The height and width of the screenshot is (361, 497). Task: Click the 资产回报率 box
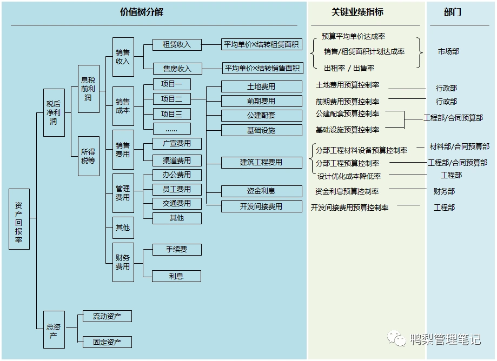pyautogui.click(x=19, y=219)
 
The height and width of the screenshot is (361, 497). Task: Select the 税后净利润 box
pyautogui.click(x=54, y=112)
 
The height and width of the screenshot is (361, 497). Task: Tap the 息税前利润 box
pyautogui.click(x=88, y=89)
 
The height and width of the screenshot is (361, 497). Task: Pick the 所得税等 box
pyautogui.click(x=88, y=156)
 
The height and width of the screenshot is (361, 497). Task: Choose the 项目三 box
pyautogui.click(x=171, y=114)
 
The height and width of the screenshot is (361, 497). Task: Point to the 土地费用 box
pyautogui.click(x=261, y=86)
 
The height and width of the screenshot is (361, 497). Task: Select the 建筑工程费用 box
pyautogui.click(x=261, y=162)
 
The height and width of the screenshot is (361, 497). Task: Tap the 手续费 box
pyautogui.click(x=176, y=250)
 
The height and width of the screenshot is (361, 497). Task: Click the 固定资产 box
pyautogui.click(x=107, y=342)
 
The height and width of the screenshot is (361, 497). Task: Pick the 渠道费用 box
pyautogui.click(x=176, y=161)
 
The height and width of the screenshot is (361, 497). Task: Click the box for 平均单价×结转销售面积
pyautogui.click(x=262, y=69)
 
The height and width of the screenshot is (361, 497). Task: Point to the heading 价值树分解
pyautogui.click(x=142, y=12)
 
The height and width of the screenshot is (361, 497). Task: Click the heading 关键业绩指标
pyautogui.click(x=357, y=12)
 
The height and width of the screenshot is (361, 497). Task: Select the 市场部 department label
pyautogui.click(x=448, y=51)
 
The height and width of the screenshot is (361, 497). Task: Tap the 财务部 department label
pyautogui.click(x=444, y=191)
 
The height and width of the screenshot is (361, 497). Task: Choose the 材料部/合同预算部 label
pyautogui.click(x=459, y=146)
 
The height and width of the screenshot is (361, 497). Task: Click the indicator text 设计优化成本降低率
pyautogui.click(x=349, y=176)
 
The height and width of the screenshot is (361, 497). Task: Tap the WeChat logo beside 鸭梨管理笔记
pyautogui.click(x=399, y=339)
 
